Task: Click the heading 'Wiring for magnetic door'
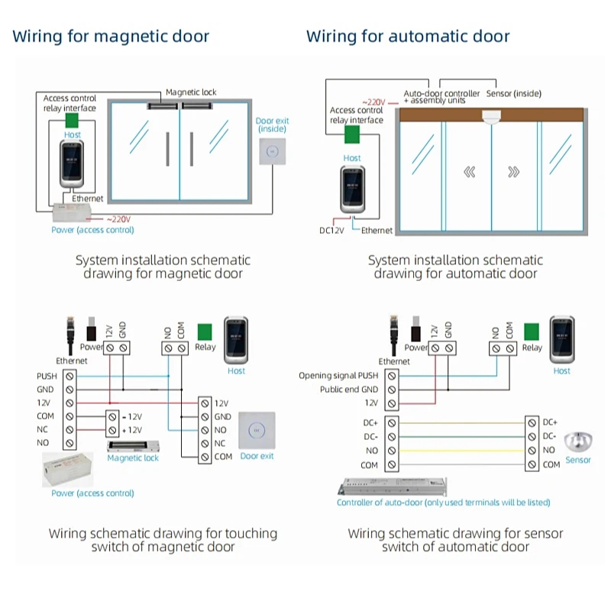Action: [111, 36]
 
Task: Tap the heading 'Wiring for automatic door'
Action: [408, 36]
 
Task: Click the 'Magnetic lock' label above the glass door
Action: [191, 92]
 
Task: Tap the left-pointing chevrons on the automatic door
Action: [469, 172]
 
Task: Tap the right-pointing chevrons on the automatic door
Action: [514, 172]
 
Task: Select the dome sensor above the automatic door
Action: [492, 118]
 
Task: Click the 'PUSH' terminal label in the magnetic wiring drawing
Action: [47, 377]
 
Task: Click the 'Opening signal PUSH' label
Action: [338, 376]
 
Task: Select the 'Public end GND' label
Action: [349, 390]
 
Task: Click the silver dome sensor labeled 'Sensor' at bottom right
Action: [578, 442]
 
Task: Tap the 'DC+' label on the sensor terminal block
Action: [550, 422]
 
